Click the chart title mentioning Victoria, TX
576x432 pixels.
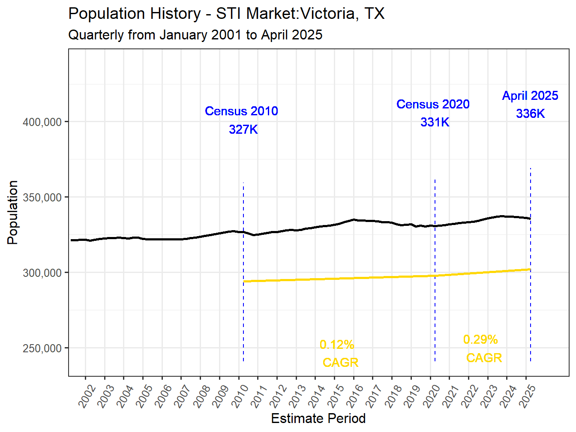[x=226, y=14]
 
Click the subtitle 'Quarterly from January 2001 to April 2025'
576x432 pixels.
[x=195, y=35]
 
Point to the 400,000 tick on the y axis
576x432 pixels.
[x=42, y=122]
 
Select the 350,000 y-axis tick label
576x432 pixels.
[x=42, y=198]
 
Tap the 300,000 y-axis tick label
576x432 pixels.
[x=42, y=273]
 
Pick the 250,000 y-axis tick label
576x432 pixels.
[x=42, y=348]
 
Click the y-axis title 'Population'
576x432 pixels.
[x=13, y=213]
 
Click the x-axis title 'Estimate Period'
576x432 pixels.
[x=318, y=418]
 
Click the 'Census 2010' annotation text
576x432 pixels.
[x=241, y=111]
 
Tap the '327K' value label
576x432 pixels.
[x=243, y=129]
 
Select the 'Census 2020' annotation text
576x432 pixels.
[x=433, y=104]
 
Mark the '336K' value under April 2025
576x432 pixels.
[x=530, y=114]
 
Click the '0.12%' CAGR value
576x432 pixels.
[x=337, y=345]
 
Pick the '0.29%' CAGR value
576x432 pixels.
[x=480, y=339]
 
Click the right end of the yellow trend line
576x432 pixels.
[x=530, y=269]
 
